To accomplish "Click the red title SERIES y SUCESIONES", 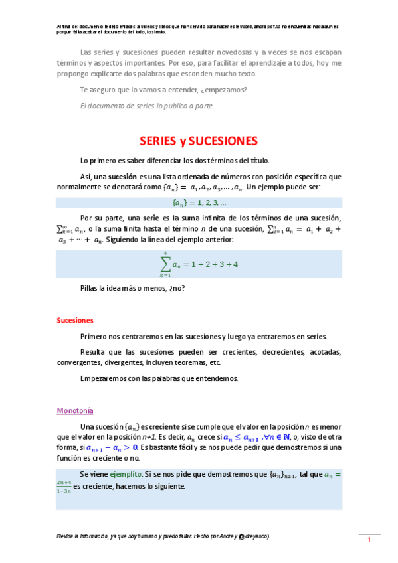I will point(198,141).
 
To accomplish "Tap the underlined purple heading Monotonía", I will point(75,410).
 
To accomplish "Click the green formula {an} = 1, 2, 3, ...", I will point(199,202).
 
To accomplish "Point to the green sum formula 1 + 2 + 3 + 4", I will point(199,264).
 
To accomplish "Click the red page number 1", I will point(369,541).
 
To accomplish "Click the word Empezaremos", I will point(101,379).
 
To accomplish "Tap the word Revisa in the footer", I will point(66,536).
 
